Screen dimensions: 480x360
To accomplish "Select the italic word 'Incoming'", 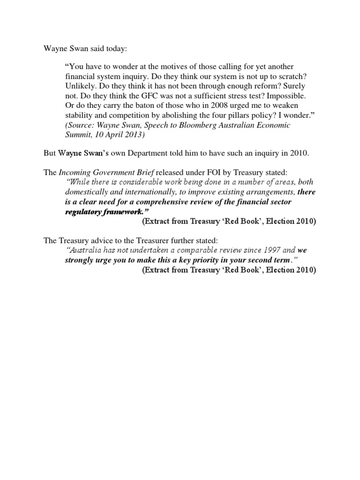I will [x=75, y=172].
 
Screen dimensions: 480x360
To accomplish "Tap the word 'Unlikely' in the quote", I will [x=81, y=86].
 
